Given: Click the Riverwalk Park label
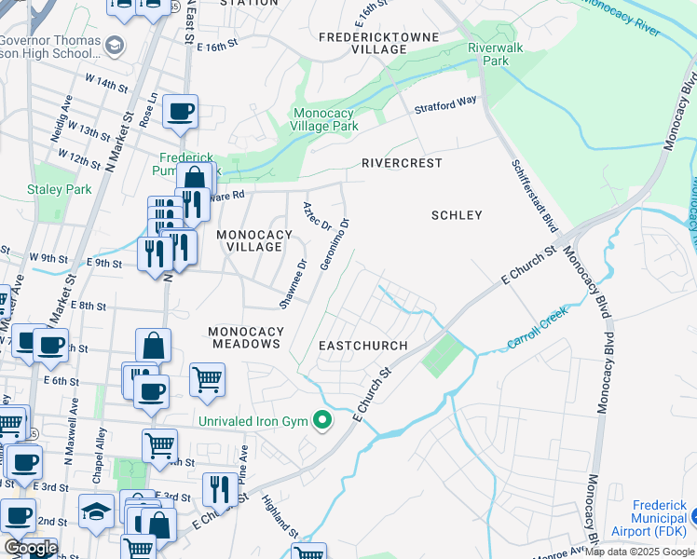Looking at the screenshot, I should click(494, 53).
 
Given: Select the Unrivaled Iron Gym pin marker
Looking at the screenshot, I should click(323, 422).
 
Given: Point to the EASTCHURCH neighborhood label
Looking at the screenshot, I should click(363, 346).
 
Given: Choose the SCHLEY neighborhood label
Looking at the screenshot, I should click(457, 215).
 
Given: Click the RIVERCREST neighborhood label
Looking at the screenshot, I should click(402, 162).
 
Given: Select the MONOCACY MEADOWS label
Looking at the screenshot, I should click(244, 337).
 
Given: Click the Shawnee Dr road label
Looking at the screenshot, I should click(292, 285).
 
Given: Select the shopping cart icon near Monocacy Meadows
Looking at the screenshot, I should click(207, 379).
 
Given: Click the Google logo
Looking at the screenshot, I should click(30, 548).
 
